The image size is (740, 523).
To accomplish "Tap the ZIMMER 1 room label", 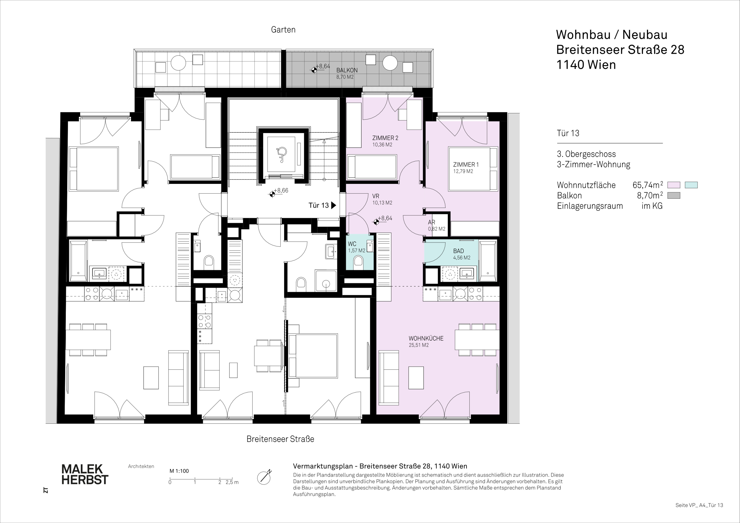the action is [x=466, y=165].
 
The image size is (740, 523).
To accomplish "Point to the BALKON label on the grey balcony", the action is [x=347, y=70].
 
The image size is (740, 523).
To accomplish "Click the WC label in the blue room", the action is [x=352, y=244].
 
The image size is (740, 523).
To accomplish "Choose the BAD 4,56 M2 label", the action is [x=462, y=254].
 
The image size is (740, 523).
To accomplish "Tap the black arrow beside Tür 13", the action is [x=334, y=205].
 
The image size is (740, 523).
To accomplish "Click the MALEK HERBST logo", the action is [x=85, y=474].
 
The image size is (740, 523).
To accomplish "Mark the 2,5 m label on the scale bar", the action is [x=232, y=482].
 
